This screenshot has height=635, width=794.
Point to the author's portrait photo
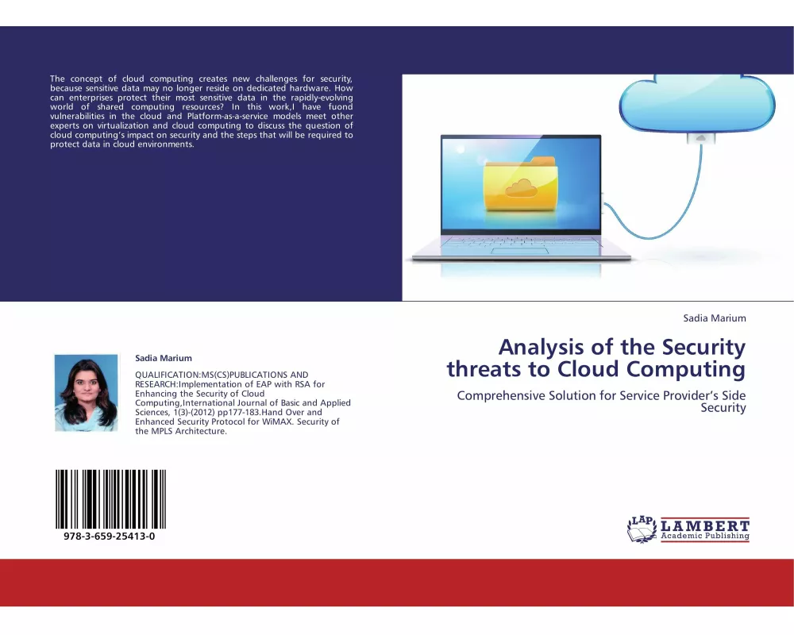coord(86,392)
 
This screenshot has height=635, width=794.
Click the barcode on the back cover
coord(110,498)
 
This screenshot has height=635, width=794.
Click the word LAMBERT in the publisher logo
coord(704,525)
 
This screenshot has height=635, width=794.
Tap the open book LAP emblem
coord(642,529)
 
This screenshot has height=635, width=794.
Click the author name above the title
coord(715,318)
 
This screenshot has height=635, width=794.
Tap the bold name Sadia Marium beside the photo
coord(164,358)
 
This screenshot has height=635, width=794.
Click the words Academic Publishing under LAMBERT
coord(704,537)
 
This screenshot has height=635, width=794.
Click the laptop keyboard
coord(522,239)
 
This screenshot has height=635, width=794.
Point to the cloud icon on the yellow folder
coord(520,188)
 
